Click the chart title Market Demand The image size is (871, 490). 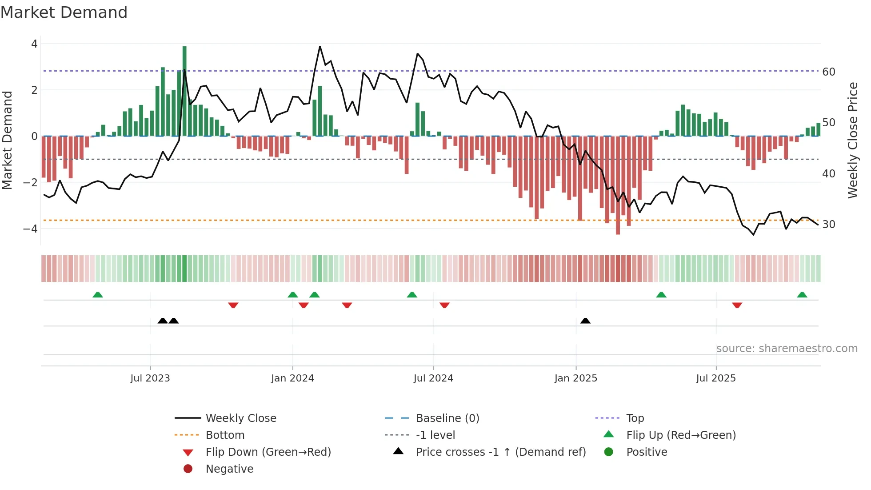click(x=64, y=12)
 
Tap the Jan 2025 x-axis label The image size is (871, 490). click(x=575, y=378)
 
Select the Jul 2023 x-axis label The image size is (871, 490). click(x=150, y=378)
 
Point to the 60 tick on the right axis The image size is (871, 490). click(x=828, y=72)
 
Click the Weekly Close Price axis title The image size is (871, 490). click(x=852, y=140)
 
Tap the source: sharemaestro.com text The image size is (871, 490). click(x=787, y=349)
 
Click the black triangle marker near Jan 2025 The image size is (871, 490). click(x=585, y=321)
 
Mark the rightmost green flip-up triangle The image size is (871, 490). click(x=802, y=295)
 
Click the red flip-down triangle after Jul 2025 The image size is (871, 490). click(x=737, y=305)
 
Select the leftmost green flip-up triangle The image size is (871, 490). click(x=98, y=295)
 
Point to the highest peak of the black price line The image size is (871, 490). click(x=320, y=46)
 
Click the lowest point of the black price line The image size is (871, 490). click(x=754, y=235)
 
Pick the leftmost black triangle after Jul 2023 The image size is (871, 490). click(x=163, y=321)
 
